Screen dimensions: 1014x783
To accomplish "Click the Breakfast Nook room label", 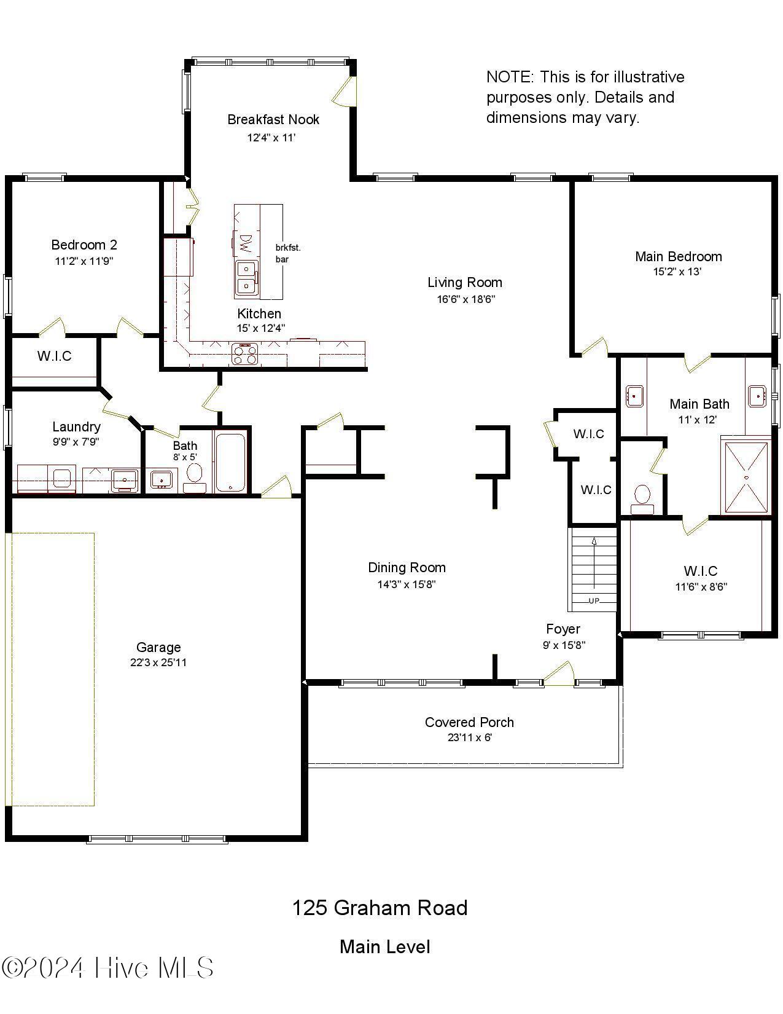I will (x=273, y=119).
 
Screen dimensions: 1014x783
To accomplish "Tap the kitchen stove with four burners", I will (x=244, y=354).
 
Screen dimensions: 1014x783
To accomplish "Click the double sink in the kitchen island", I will (x=246, y=277).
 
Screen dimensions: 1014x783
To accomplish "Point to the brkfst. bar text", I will (x=287, y=253).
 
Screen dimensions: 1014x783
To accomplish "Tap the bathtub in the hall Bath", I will (x=230, y=461).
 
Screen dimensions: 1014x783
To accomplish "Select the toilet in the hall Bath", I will (x=195, y=476).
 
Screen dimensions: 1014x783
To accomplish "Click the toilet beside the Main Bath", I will (x=642, y=497).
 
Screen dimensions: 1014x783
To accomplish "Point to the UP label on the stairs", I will (x=594, y=600).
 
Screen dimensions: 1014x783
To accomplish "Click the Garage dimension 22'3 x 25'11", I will (x=158, y=662).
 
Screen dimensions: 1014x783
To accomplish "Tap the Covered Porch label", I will (x=469, y=722).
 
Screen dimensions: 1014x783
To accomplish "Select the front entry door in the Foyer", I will (x=558, y=674).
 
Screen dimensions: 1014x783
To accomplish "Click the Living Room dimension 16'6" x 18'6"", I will (x=466, y=299).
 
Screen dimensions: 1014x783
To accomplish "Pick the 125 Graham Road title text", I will (x=380, y=908).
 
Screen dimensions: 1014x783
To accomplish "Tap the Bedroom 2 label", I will (x=84, y=245).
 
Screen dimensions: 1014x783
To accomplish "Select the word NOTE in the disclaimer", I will (x=509, y=77).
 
